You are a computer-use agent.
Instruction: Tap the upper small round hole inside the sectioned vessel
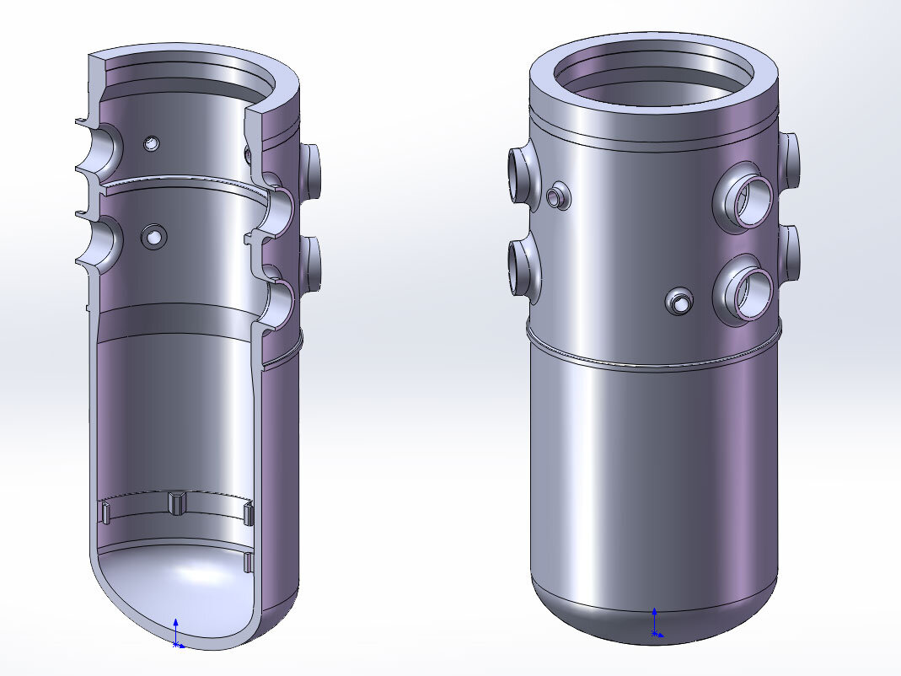[152, 144]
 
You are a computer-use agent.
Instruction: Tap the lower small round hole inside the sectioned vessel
[154, 237]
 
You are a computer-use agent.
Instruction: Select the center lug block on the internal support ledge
[176, 502]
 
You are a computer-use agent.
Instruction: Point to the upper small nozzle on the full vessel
[555, 196]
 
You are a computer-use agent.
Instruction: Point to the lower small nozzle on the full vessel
[679, 300]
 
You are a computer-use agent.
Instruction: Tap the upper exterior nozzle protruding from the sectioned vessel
[311, 171]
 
